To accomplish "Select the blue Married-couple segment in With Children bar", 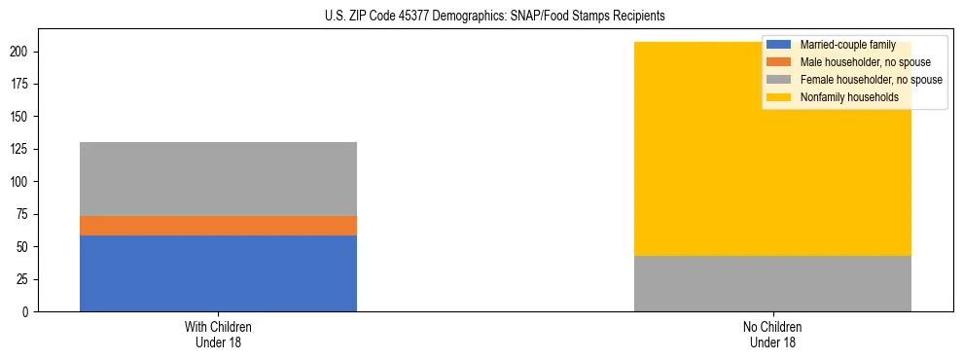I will coord(218,273).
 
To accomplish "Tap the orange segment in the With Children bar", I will coord(218,226).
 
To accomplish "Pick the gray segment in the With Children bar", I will coord(218,179).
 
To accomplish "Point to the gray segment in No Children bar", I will coord(772,284).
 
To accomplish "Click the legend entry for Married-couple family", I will coord(847,45).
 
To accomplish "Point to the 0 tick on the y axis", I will coord(32,312).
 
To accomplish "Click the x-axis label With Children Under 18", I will coord(218,334).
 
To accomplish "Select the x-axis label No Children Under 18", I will coord(772,334).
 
